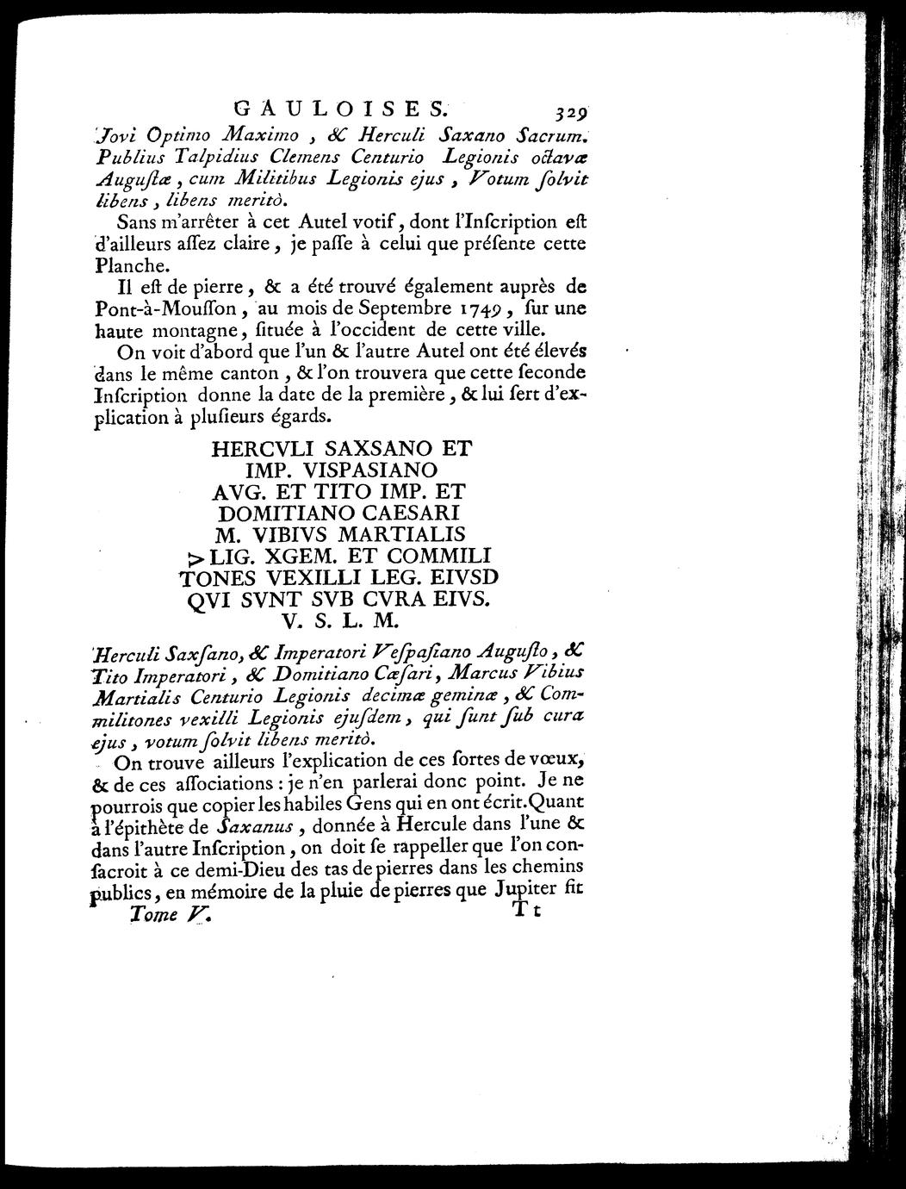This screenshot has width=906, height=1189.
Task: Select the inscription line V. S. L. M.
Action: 339,619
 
